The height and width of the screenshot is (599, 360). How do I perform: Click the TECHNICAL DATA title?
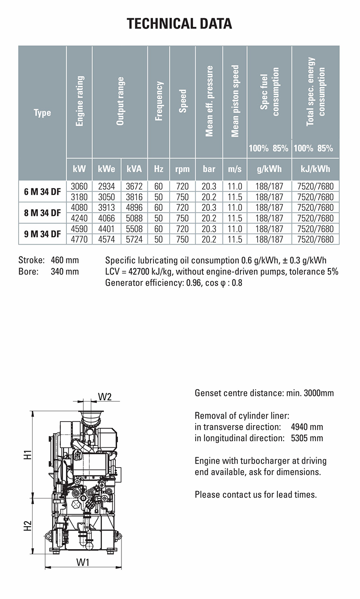coord(180,23)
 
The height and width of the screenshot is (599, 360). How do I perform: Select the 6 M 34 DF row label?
coord(42,192)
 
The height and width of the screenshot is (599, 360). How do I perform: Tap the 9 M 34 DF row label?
coord(42,234)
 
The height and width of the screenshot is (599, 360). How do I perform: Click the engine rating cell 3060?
coord(79,187)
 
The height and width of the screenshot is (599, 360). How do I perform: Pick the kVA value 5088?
coord(134,218)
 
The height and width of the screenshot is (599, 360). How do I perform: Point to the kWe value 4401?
coord(107,229)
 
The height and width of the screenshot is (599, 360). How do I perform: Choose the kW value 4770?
coord(79,239)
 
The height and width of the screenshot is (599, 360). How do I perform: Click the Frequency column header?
coord(159,101)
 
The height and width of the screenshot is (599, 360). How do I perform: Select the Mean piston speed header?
coord(235,101)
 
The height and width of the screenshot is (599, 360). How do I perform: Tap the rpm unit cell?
coord(183,169)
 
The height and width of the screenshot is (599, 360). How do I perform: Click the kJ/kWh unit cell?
coord(315,169)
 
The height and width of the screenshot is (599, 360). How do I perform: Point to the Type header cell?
coord(42,113)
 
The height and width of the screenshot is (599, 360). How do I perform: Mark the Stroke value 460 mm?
coord(65,260)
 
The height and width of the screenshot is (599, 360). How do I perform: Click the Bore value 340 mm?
coord(65,272)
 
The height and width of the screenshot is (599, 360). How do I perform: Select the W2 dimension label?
coord(105,396)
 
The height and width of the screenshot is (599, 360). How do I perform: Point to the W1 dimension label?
coord(83,562)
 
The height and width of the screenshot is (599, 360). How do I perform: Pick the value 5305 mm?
coord(307,438)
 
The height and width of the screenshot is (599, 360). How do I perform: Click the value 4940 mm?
coord(307,427)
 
